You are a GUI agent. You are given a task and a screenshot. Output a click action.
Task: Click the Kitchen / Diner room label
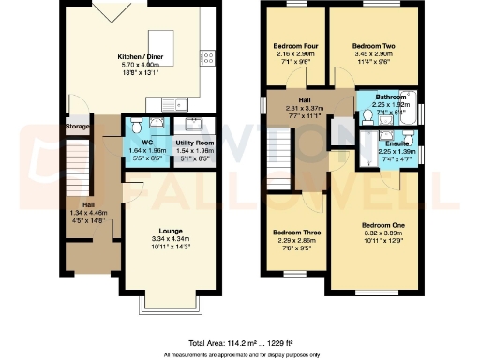pos(141,56)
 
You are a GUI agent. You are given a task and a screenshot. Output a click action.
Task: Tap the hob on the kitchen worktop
pos(208,58)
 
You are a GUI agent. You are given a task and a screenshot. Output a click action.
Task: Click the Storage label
pos(77,127)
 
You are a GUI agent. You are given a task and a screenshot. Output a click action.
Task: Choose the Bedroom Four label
pos(294,46)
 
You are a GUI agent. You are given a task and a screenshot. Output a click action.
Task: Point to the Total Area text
pos(240,343)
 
